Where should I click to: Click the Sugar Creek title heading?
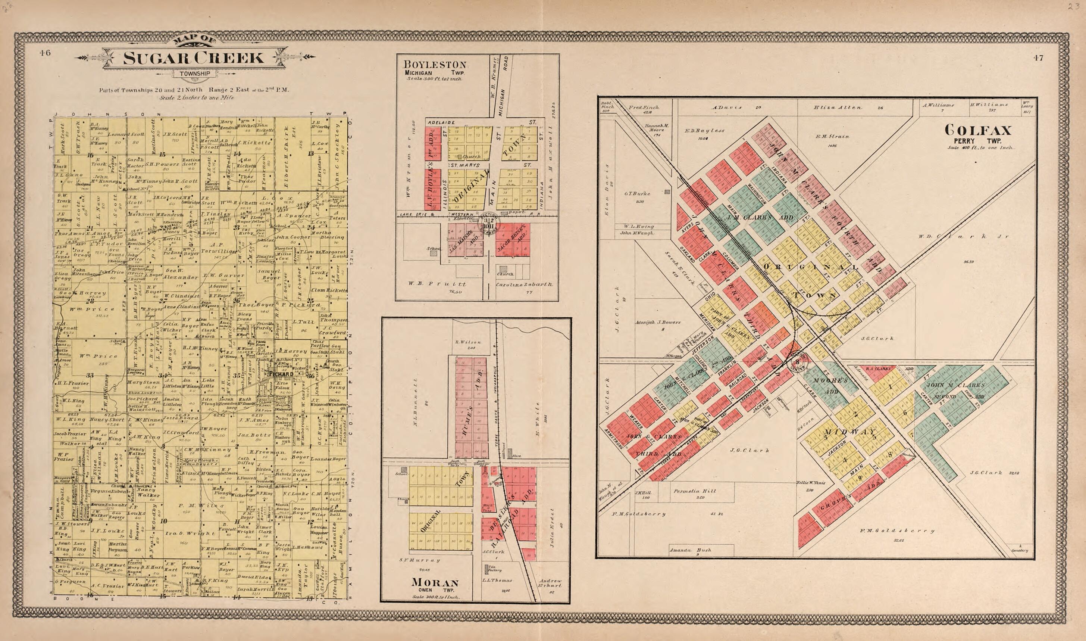point(193,58)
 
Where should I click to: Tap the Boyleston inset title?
point(435,65)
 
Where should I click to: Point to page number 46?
point(45,53)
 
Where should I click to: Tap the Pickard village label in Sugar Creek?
point(281,374)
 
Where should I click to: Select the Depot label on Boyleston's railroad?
point(519,212)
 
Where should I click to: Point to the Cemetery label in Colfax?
point(1020,550)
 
